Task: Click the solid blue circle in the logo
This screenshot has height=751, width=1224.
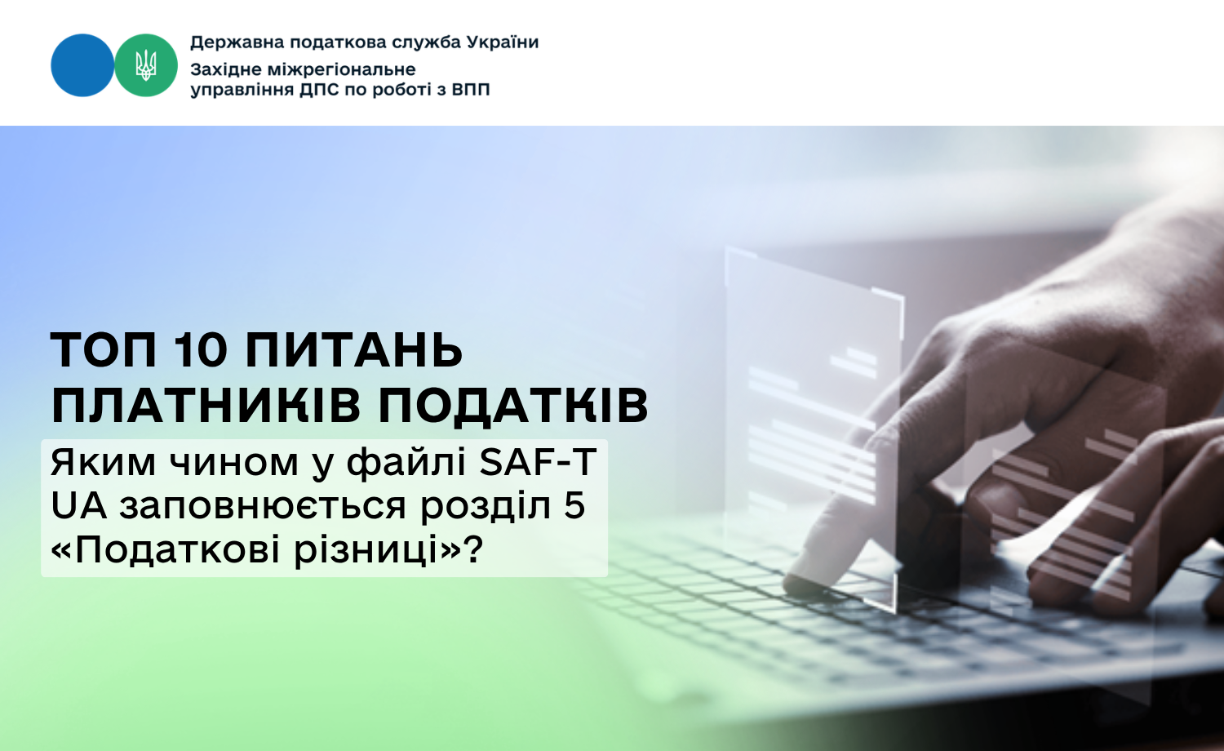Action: click(82, 65)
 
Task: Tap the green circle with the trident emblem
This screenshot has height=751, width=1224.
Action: click(146, 65)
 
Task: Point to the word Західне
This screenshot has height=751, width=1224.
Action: click(226, 70)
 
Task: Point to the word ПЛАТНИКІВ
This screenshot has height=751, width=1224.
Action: click(206, 406)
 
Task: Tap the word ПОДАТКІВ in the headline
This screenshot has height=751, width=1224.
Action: click(513, 406)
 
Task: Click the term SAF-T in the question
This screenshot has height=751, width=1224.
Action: click(538, 462)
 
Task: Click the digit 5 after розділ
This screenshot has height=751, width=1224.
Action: click(574, 506)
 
